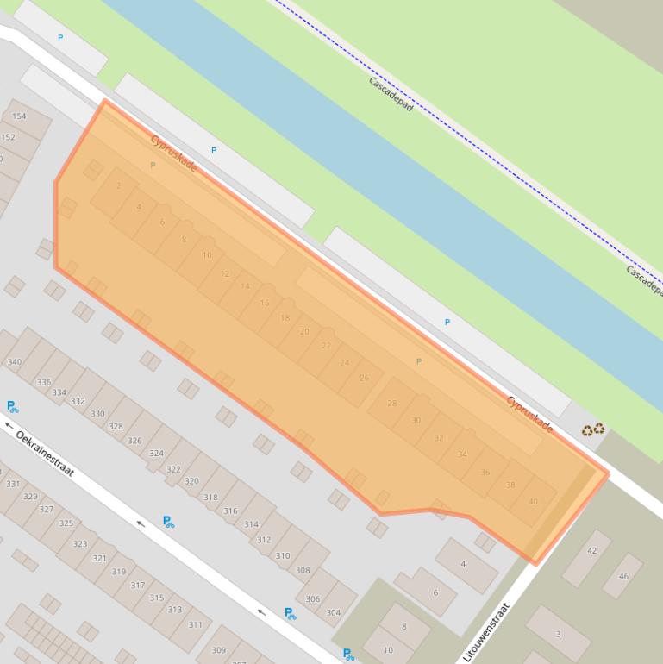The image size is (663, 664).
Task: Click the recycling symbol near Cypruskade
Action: [x=592, y=429]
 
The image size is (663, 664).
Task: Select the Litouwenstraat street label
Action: [x=486, y=632]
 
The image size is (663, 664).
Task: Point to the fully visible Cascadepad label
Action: [x=391, y=94]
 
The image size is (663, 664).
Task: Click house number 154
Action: [x=19, y=116]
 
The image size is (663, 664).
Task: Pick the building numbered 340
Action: [x=14, y=362]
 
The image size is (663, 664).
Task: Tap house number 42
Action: [x=591, y=551]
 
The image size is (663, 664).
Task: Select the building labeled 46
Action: [x=623, y=576]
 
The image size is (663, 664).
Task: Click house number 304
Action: [x=333, y=613]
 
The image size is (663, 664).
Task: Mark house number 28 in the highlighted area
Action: [x=392, y=404]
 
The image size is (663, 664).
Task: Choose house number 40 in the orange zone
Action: [x=533, y=502]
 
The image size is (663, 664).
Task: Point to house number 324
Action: [x=156, y=453]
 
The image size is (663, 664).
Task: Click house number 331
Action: [x=12, y=484]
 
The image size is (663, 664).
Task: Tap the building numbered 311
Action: [x=196, y=624]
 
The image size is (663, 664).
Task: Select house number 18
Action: [x=285, y=318]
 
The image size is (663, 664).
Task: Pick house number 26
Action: [x=364, y=378]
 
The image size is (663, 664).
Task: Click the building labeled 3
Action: [x=558, y=634]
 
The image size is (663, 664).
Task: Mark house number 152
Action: [x=8, y=137]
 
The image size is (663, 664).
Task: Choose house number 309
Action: [x=218, y=650]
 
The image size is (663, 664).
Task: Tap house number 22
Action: [x=326, y=346]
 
